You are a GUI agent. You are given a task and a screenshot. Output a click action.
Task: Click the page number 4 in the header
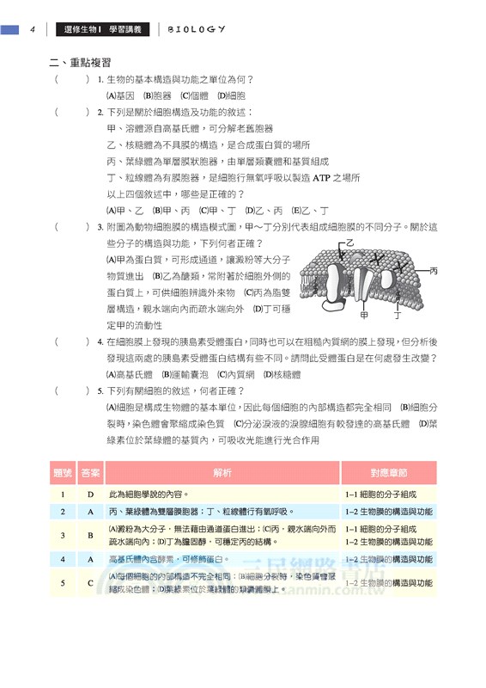click(31, 29)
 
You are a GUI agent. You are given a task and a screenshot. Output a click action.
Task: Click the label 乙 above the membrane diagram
click(349, 244)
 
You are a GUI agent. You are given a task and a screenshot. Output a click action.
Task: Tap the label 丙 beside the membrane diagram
click(434, 270)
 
